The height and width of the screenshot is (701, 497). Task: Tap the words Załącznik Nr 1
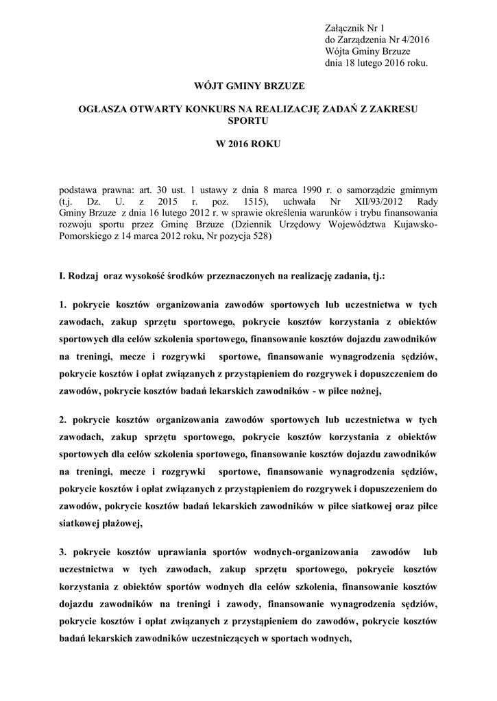[354, 27]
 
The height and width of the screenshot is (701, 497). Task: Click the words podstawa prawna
[90, 188]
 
